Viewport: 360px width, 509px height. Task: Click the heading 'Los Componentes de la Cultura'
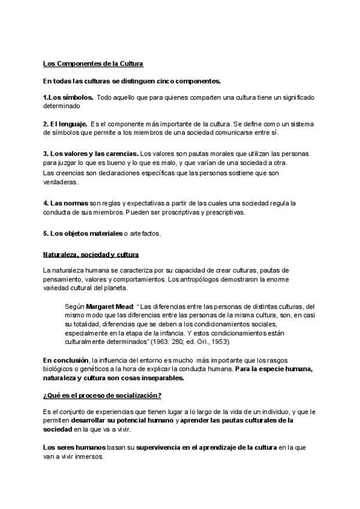[93, 64]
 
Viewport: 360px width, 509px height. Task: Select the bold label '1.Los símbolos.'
[67, 97]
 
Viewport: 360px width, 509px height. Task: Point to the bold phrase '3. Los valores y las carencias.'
[91, 154]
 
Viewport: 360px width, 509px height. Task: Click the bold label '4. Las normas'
[66, 203]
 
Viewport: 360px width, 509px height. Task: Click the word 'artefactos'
[145, 233]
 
